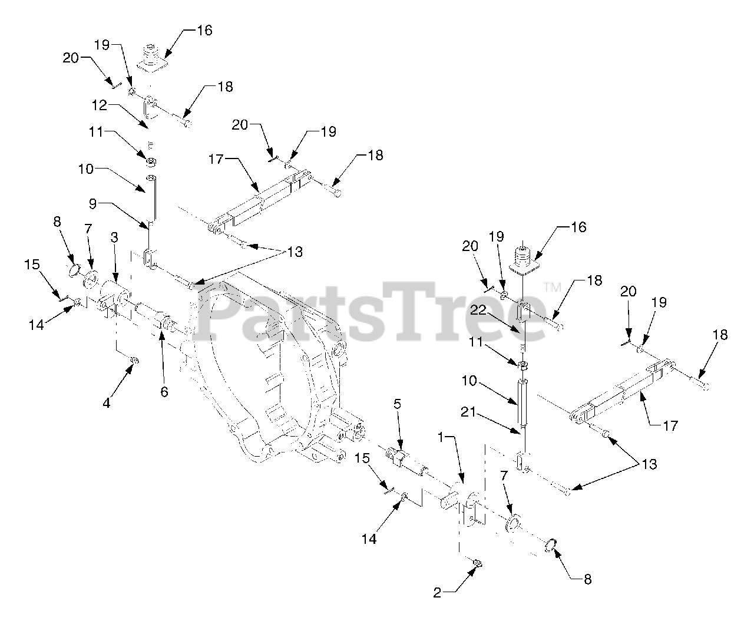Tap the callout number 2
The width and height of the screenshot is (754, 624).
pyautogui.click(x=437, y=593)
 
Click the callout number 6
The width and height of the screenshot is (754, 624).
pyautogui.click(x=164, y=391)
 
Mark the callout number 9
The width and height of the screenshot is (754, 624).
pyautogui.click(x=92, y=204)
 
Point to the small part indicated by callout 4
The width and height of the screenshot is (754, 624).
pyautogui.click(x=134, y=361)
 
